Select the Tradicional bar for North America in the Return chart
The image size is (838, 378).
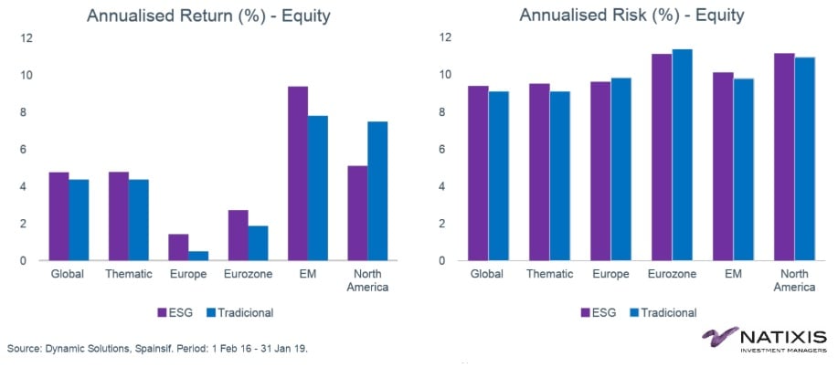tap(377, 191)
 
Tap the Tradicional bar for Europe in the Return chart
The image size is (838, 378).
tap(198, 256)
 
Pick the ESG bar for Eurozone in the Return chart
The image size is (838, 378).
tap(238, 235)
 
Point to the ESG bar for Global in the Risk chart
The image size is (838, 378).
tap(477, 173)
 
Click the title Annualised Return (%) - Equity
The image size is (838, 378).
tap(196, 16)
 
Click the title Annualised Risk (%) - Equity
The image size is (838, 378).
tap(630, 16)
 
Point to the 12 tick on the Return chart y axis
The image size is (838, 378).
tap(26, 38)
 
